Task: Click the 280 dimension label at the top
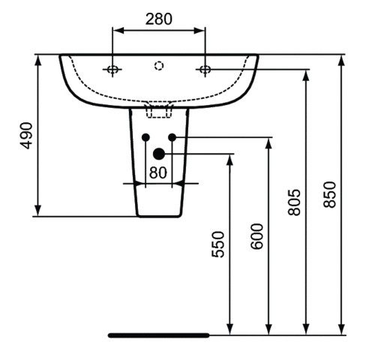pyautogui.click(x=158, y=18)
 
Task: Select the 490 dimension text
pyautogui.click(x=27, y=134)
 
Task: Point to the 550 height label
pyautogui.click(x=218, y=244)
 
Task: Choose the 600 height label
pyautogui.click(x=256, y=236)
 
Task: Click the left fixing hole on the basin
pyautogui.click(x=112, y=70)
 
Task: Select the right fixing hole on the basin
pyautogui.click(x=204, y=70)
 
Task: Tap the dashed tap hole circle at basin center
pyautogui.click(x=158, y=66)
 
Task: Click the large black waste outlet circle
pyautogui.click(x=158, y=154)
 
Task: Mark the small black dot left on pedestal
pyautogui.click(x=145, y=137)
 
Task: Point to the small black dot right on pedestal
pyautogui.click(x=172, y=137)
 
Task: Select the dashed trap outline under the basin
pyautogui.click(x=158, y=111)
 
